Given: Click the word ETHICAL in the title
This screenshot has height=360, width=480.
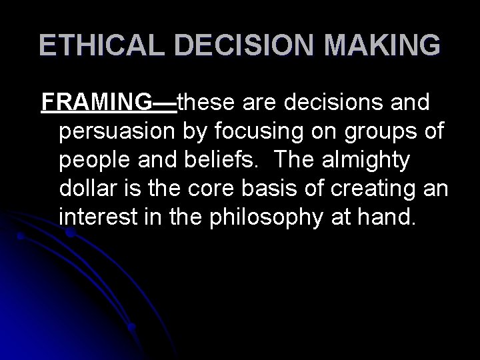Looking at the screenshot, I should click(93, 45).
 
